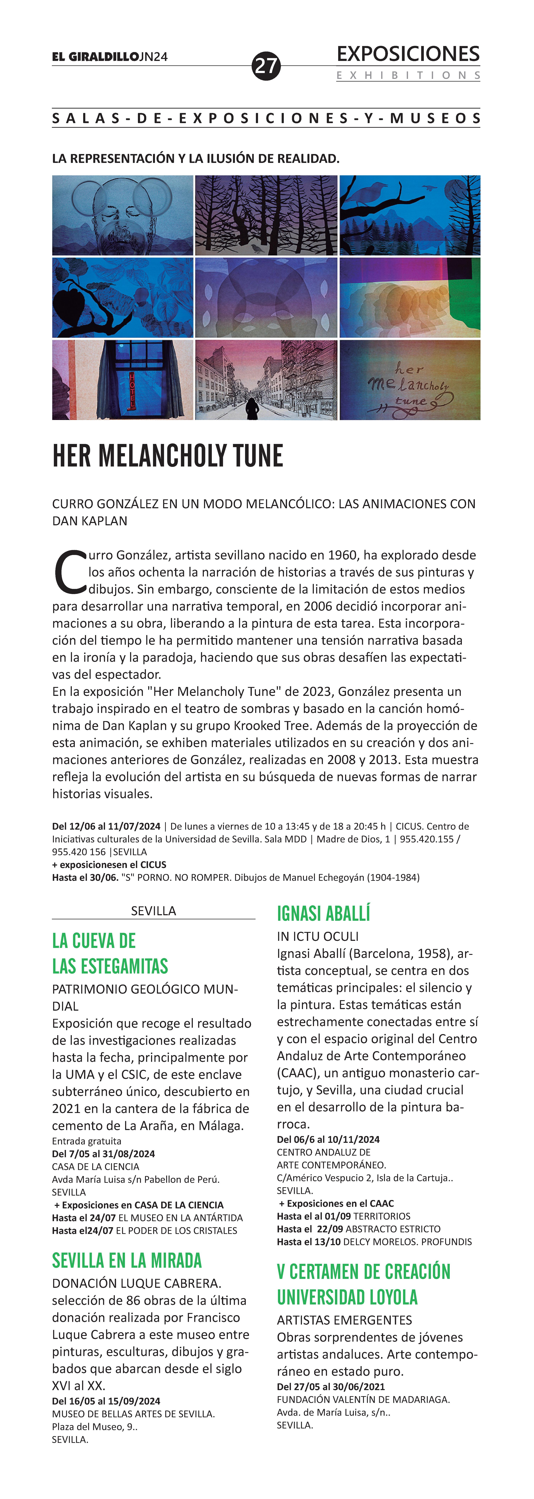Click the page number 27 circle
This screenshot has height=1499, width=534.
click(x=266, y=66)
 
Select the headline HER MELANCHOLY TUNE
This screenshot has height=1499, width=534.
click(x=168, y=456)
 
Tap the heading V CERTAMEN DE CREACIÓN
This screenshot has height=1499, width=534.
click(x=363, y=1271)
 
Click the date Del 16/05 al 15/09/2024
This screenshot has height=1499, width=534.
click(x=106, y=1401)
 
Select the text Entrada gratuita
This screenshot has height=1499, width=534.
click(x=87, y=1141)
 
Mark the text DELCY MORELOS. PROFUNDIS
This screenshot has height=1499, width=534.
click(x=408, y=1242)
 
